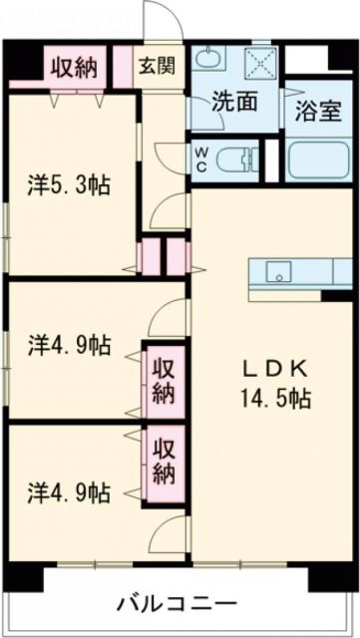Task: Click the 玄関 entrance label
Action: (157, 67)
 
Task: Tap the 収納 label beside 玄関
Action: (74, 68)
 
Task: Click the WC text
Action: (199, 159)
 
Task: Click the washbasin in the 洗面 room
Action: (208, 60)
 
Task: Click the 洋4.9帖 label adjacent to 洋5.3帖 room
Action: (68, 346)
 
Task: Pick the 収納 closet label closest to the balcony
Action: (163, 457)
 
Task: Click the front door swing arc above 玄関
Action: (158, 20)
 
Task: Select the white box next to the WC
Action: (271, 159)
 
